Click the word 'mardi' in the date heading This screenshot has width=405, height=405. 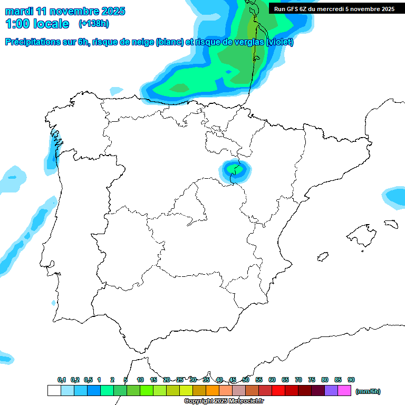tap(19, 11)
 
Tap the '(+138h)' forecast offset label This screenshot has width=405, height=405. tap(93, 24)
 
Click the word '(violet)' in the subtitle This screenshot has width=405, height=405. tap(279, 43)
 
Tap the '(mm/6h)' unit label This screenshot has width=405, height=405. tap(368, 391)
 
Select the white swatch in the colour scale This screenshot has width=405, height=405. tap(54, 391)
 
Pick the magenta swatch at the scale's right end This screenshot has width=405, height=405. tap(344, 391)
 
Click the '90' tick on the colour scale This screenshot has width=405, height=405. tap(351, 380)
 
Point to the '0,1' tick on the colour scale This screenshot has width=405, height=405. tap(62, 380)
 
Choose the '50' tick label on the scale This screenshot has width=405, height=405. tap(246, 380)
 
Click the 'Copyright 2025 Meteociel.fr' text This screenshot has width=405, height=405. tap(224, 401)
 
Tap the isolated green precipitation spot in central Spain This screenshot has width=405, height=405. tap(236, 170)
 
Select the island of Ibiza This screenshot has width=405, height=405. tap(323, 257)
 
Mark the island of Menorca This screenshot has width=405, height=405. tap(391, 224)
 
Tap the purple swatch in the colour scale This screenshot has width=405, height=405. tap(331, 391)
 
